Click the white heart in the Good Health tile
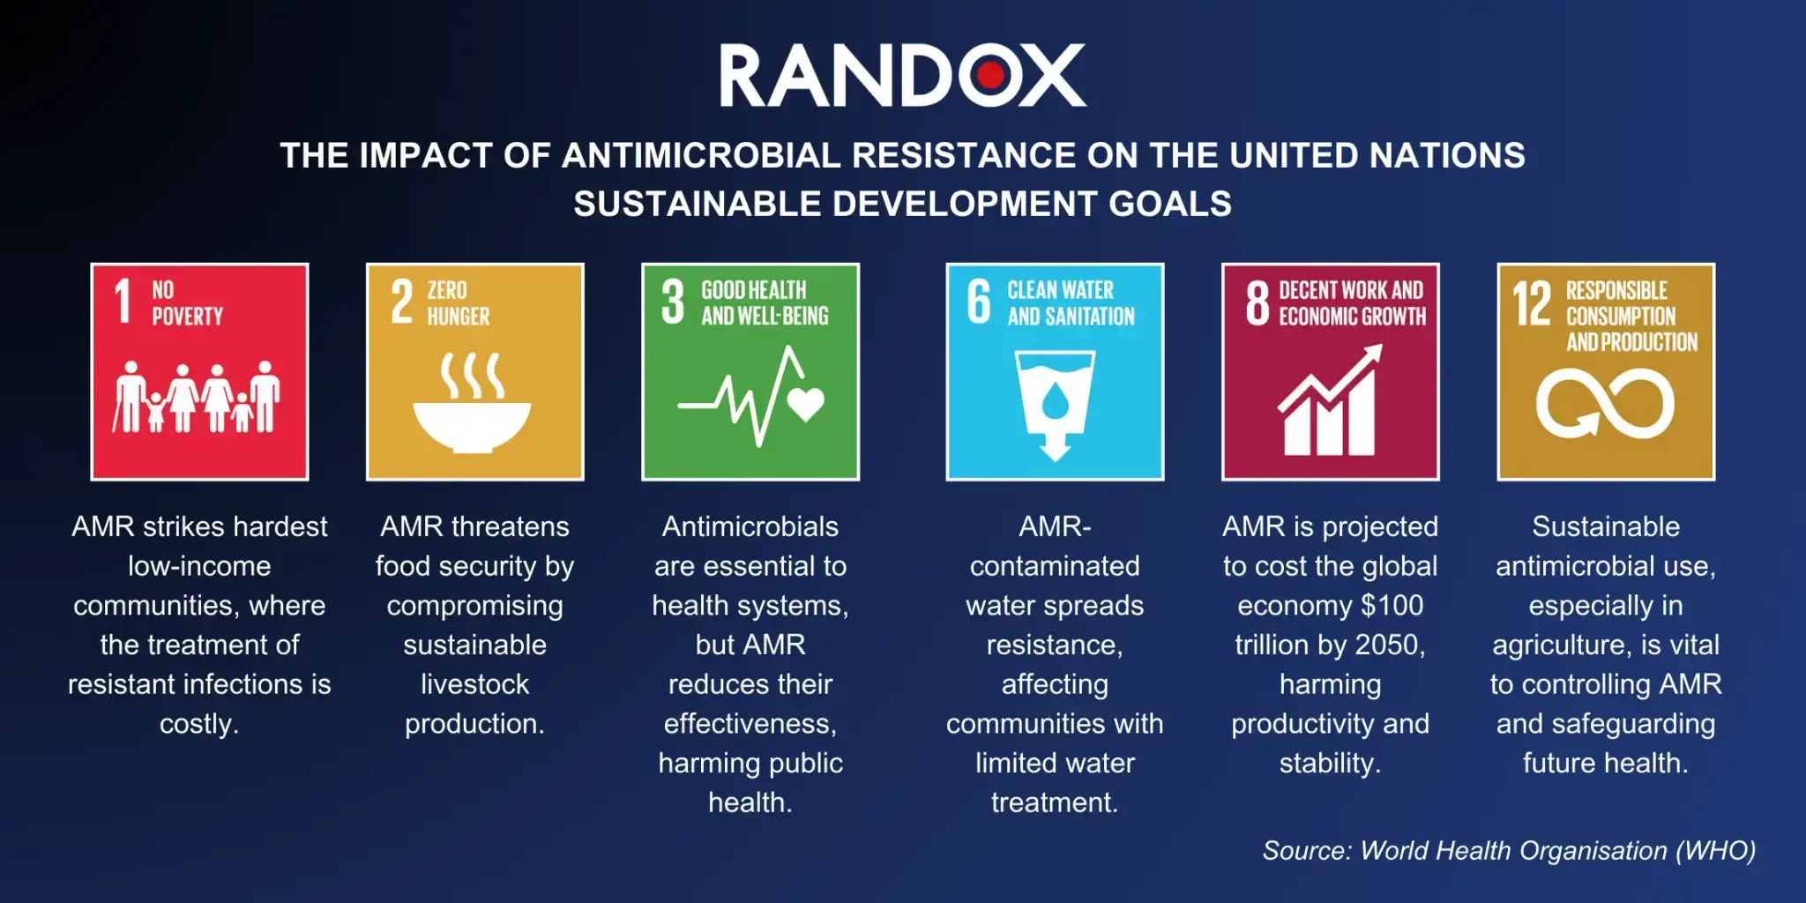pyautogui.click(x=805, y=404)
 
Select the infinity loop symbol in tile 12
pyautogui.click(x=1605, y=404)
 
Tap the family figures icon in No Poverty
pyautogui.click(x=198, y=397)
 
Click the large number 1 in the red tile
pyautogui.click(x=123, y=302)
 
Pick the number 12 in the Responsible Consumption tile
pyautogui.click(x=1532, y=303)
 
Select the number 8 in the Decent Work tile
pyautogui.click(x=1257, y=302)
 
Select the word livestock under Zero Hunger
pyautogui.click(x=474, y=684)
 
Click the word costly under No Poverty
pyautogui.click(x=198, y=724)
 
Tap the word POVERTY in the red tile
pyautogui.click(x=187, y=317)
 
